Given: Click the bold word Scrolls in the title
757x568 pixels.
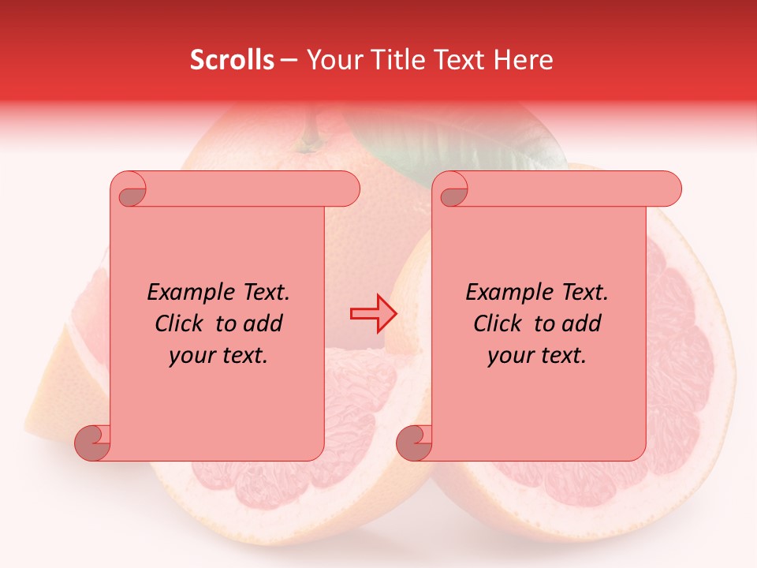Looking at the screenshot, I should [232, 60].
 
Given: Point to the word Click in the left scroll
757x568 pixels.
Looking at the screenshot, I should [181, 323].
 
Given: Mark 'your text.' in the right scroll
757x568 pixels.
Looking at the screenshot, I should [537, 355].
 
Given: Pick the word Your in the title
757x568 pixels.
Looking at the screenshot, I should [332, 60].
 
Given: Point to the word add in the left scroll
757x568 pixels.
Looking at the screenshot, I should [263, 323].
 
